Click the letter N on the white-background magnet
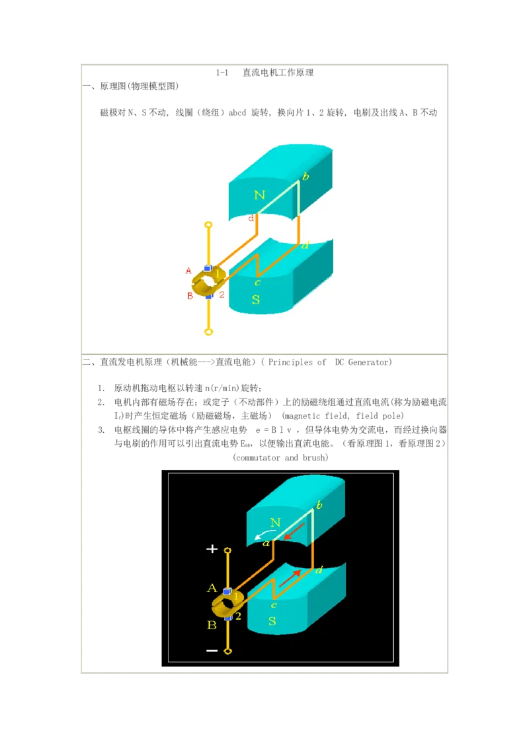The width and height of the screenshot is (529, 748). pyautogui.click(x=259, y=195)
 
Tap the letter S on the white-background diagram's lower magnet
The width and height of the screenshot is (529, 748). pyautogui.click(x=256, y=299)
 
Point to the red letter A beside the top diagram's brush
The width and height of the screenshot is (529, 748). pyautogui.click(x=188, y=270)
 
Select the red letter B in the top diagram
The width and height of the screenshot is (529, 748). pyautogui.click(x=190, y=296)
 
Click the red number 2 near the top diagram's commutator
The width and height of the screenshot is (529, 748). pyautogui.click(x=222, y=295)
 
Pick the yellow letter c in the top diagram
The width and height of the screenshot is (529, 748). pyautogui.click(x=258, y=282)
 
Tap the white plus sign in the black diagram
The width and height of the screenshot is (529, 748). pyautogui.click(x=212, y=549)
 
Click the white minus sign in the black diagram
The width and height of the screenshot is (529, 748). pyautogui.click(x=212, y=650)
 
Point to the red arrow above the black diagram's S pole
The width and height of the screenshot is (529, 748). pyautogui.click(x=290, y=578)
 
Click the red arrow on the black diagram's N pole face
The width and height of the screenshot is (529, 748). pyautogui.click(x=294, y=531)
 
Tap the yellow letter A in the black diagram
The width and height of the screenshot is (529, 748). pyautogui.click(x=212, y=587)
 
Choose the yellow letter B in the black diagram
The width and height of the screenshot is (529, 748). pyautogui.click(x=212, y=625)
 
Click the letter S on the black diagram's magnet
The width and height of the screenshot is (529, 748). pyautogui.click(x=272, y=621)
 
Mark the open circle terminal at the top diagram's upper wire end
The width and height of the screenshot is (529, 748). pyautogui.click(x=208, y=224)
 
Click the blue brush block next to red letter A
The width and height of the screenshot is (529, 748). pyautogui.click(x=208, y=268)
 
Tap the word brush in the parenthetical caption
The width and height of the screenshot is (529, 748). pyautogui.click(x=315, y=457)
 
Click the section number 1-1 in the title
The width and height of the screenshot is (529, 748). pyautogui.click(x=222, y=73)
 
